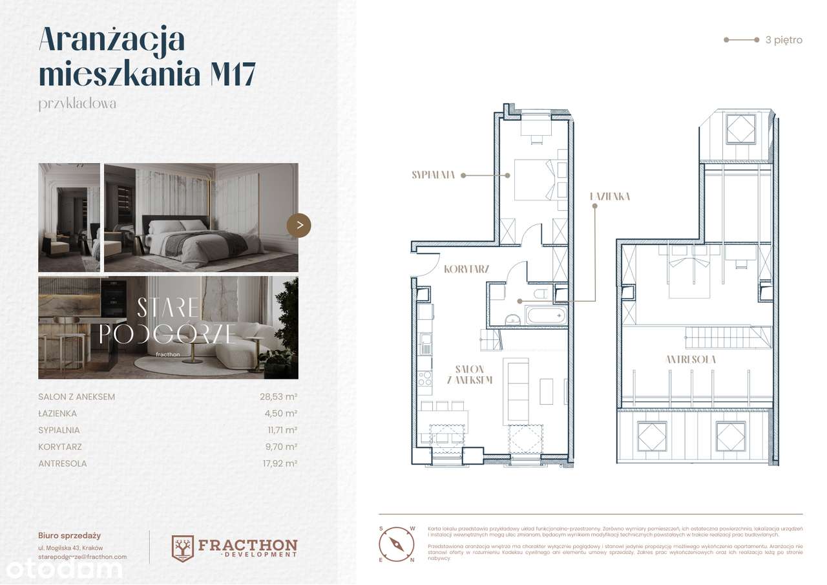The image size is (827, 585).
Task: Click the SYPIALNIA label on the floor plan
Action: [434, 175]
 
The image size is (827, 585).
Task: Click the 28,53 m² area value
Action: [278, 396]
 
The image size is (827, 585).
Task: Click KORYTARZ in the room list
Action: [60, 447]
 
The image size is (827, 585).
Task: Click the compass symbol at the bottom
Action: [395, 544]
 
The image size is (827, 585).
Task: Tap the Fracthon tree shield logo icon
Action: [183, 548]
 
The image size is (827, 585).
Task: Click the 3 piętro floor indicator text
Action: [783, 40]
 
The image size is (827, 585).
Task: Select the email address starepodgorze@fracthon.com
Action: [82, 556]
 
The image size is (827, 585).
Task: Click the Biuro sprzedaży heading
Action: [69, 535]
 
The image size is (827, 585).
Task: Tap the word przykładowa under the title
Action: [78, 103]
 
